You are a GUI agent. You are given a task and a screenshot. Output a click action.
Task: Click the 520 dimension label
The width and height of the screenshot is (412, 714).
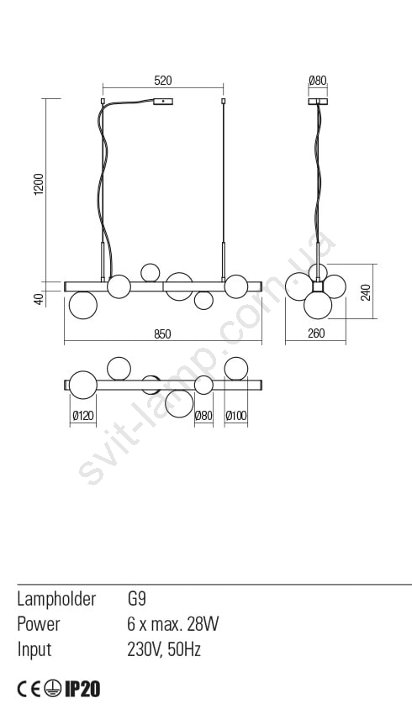[163, 81]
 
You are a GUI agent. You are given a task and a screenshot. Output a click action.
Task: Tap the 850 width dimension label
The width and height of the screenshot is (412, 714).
[162, 334]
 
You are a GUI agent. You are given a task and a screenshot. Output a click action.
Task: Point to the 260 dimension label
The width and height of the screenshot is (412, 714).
[316, 333]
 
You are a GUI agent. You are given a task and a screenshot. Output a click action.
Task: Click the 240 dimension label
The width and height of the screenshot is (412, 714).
[366, 291]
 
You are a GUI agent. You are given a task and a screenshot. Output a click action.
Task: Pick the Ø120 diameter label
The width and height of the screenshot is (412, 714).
[83, 415]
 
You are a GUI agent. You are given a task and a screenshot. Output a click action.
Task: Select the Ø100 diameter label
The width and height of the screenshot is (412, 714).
[236, 415]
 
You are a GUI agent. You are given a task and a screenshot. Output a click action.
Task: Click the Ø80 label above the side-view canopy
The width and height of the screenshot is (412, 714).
[318, 81]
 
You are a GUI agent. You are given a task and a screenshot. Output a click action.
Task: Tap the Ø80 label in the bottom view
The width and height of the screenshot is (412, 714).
[203, 415]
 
